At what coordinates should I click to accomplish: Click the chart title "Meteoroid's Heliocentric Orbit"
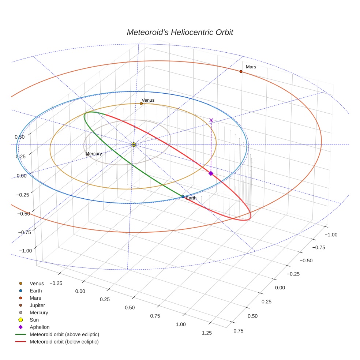click(x=180, y=32)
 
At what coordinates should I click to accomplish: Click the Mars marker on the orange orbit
click(x=241, y=71)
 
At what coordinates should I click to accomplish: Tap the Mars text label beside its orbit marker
click(x=251, y=67)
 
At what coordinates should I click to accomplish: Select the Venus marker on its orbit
click(x=141, y=104)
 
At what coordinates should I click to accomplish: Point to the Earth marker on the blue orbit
click(x=183, y=197)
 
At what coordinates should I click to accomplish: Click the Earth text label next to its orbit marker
click(x=191, y=198)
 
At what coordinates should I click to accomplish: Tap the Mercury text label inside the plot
click(x=94, y=154)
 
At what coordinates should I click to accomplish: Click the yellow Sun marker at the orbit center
click(x=134, y=145)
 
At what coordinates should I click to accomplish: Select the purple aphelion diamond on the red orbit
click(x=211, y=173)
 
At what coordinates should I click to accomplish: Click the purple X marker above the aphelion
click(x=211, y=120)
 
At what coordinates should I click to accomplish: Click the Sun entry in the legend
click(x=34, y=320)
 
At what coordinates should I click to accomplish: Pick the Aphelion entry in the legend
click(x=39, y=327)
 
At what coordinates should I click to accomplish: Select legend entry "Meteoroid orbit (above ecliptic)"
click(x=64, y=334)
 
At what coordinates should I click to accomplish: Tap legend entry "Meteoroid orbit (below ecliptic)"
click(x=64, y=342)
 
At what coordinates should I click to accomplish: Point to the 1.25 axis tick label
click(x=207, y=333)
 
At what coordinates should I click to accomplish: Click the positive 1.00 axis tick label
click(x=181, y=324)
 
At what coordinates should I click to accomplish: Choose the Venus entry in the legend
click(x=37, y=283)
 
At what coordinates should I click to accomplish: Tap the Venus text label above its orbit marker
click(x=148, y=100)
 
